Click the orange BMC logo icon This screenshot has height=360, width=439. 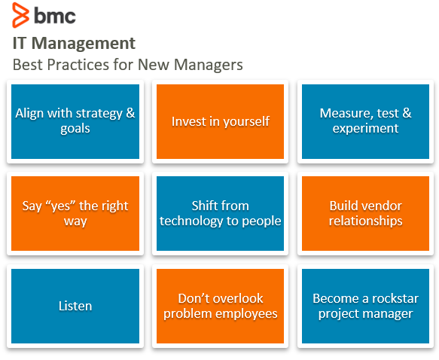point(20,15)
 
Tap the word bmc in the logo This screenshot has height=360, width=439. point(55,16)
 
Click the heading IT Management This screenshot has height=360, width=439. point(74,44)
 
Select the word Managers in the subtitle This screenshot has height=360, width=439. point(209,65)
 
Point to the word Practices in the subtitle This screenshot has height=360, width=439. point(78,65)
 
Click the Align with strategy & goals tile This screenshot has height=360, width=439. point(75,121)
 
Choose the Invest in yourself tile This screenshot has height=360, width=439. point(220,121)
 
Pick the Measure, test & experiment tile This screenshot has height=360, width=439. point(365,121)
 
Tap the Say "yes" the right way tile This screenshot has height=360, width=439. point(75,213)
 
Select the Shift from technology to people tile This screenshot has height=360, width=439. point(220,213)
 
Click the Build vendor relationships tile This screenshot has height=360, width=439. point(365,213)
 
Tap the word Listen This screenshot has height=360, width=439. point(75,306)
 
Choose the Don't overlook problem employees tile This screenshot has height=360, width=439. point(220,306)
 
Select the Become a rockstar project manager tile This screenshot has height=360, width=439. point(365,306)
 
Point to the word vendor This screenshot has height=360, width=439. point(384,206)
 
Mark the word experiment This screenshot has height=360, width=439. point(365,129)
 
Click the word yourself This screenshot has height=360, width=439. point(246,122)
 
